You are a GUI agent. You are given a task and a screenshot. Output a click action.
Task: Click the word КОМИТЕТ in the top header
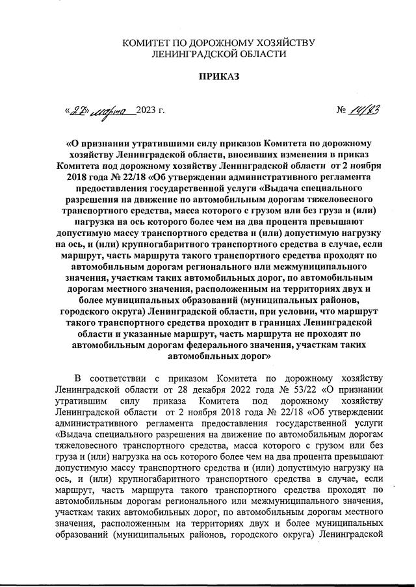pyautogui.click(x=148, y=43)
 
